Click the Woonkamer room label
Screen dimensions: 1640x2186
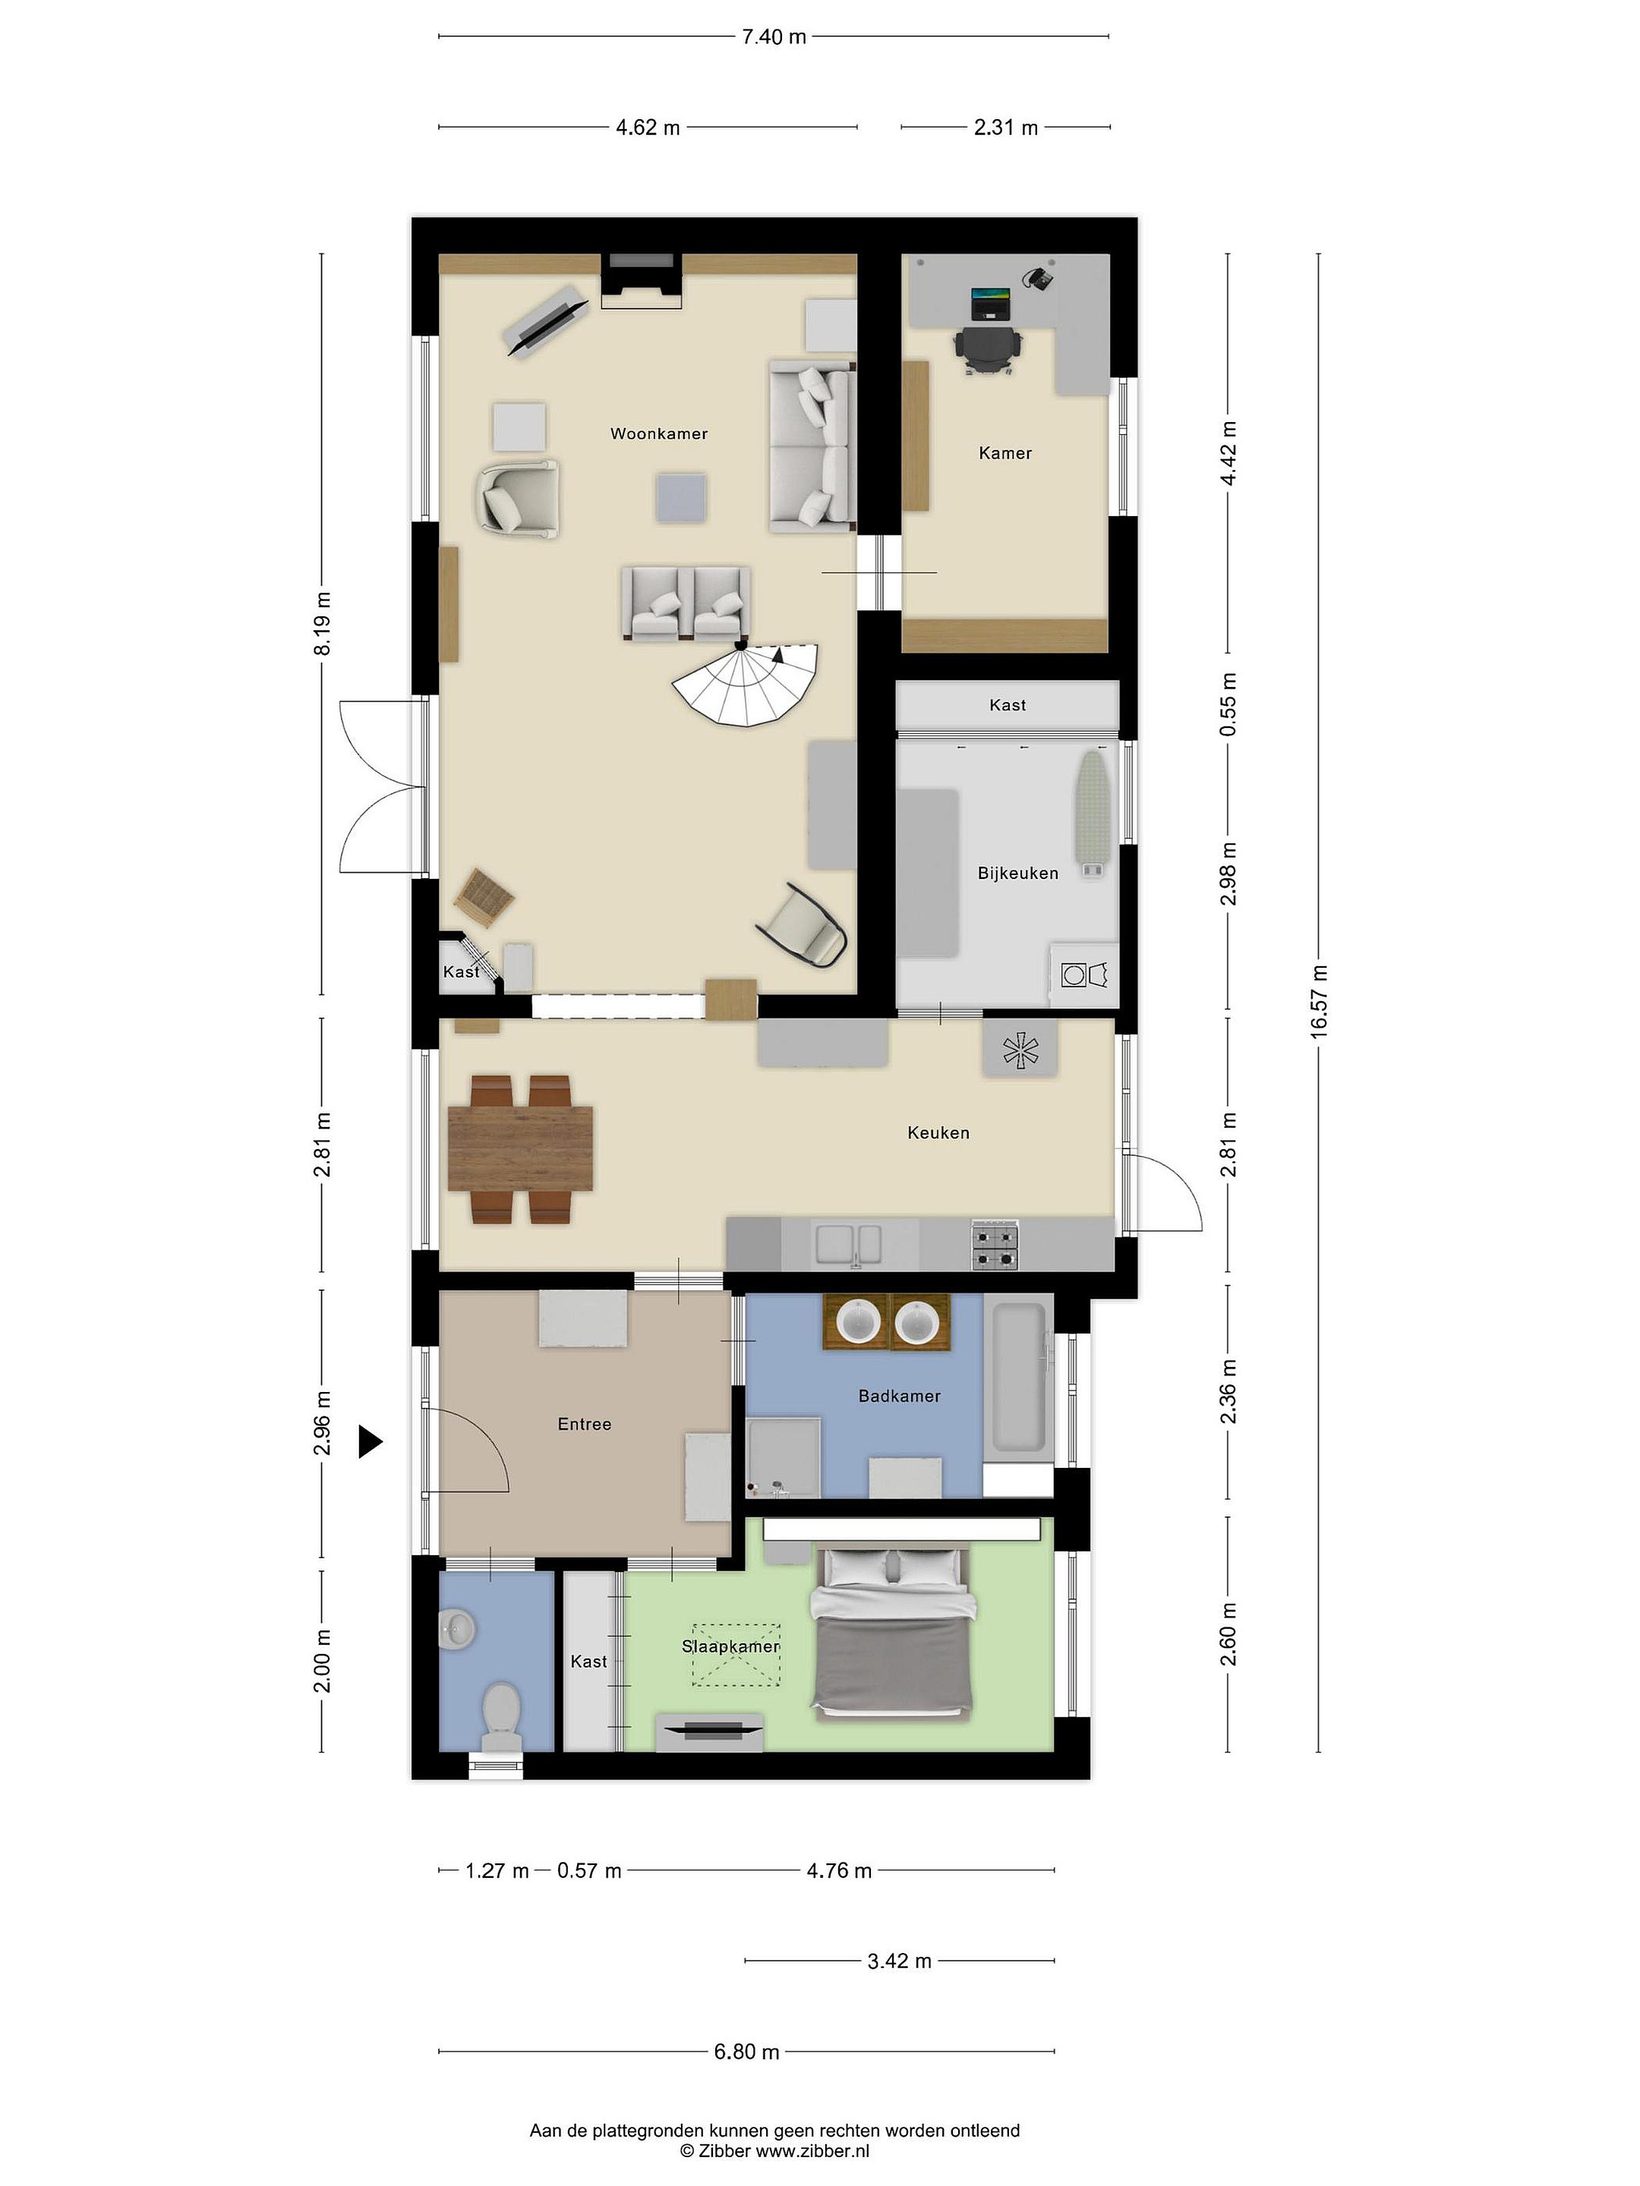[658, 434]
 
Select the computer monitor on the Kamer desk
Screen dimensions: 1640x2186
[991, 302]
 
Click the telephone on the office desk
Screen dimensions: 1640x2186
[1037, 278]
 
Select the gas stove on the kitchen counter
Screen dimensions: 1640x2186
[995, 1244]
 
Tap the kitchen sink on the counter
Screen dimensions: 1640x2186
[847, 1244]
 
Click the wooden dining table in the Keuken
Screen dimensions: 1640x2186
[520, 1148]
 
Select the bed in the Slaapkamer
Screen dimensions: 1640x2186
[891, 1634]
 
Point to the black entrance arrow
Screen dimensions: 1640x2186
[370, 1442]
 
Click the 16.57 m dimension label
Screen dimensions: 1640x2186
[1319, 1001]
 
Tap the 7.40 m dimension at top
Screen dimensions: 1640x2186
[774, 37]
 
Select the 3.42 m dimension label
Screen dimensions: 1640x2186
[900, 1961]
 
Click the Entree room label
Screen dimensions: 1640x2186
[584, 1424]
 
